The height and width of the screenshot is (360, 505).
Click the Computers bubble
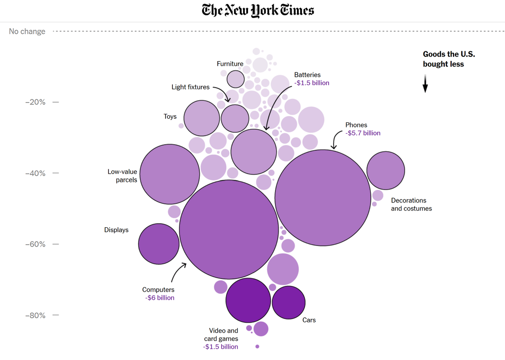point(229,229)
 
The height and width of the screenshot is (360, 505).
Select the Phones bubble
point(323,198)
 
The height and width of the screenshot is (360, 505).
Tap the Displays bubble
point(159,244)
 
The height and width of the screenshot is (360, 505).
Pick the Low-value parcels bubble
point(170,174)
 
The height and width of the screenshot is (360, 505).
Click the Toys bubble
point(202,118)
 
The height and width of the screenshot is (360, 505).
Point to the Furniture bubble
point(235,79)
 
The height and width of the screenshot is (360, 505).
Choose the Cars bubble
point(289,302)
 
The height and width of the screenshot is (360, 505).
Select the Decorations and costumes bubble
point(386,171)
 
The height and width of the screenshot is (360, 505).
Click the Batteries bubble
point(253,152)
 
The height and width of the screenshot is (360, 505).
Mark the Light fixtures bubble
point(235,118)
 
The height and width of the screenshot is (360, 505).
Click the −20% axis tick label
point(35,102)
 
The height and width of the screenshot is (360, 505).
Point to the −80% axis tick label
point(35,315)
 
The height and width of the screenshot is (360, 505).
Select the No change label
point(27,31)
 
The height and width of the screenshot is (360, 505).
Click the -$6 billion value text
point(159,298)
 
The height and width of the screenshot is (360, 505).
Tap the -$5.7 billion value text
point(363,133)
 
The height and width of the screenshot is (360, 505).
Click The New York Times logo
point(258,10)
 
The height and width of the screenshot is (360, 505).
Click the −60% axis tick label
point(35,244)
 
